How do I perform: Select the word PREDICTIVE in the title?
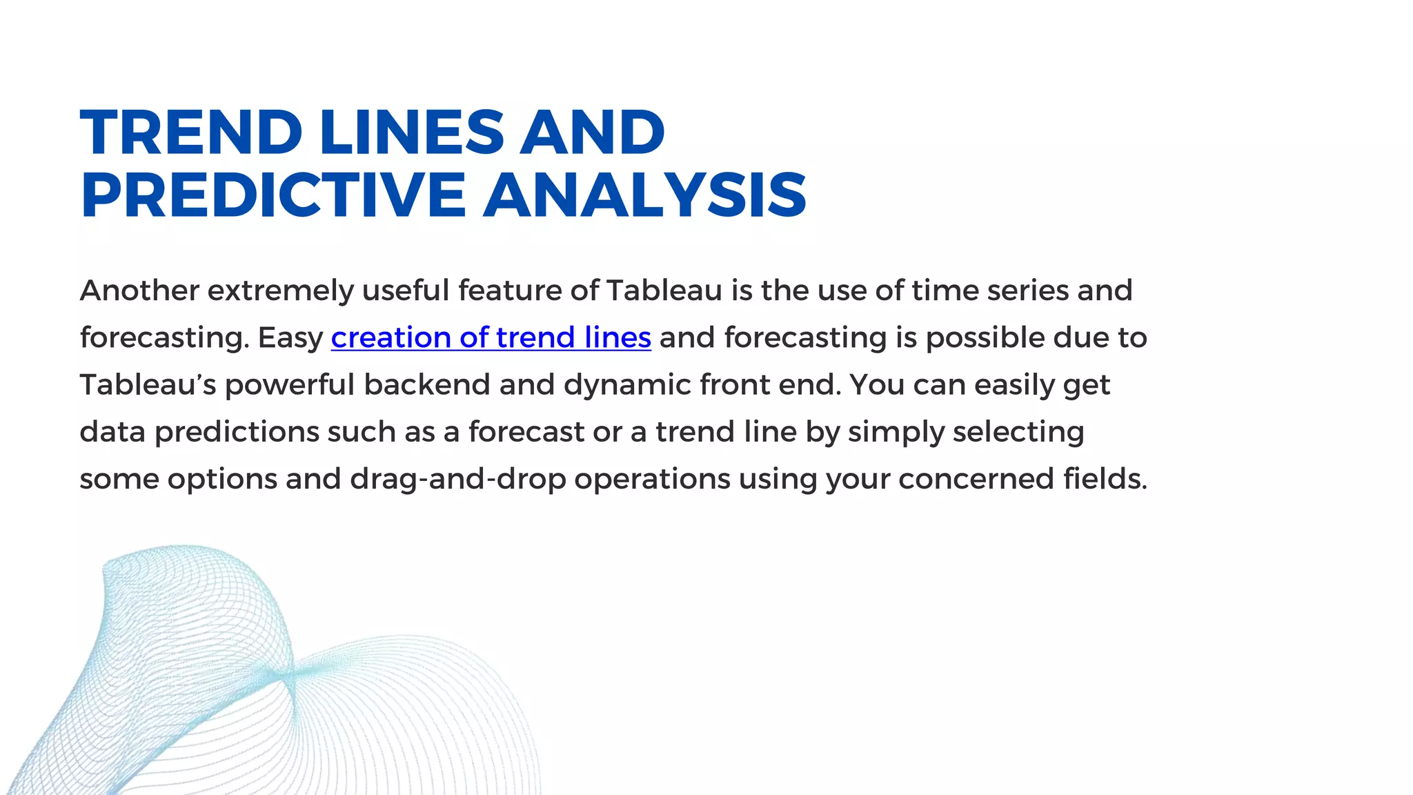(x=273, y=195)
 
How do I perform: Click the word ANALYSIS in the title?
(x=645, y=195)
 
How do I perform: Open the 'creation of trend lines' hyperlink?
(x=491, y=337)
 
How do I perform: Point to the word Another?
(x=139, y=291)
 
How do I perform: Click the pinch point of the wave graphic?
(x=287, y=675)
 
